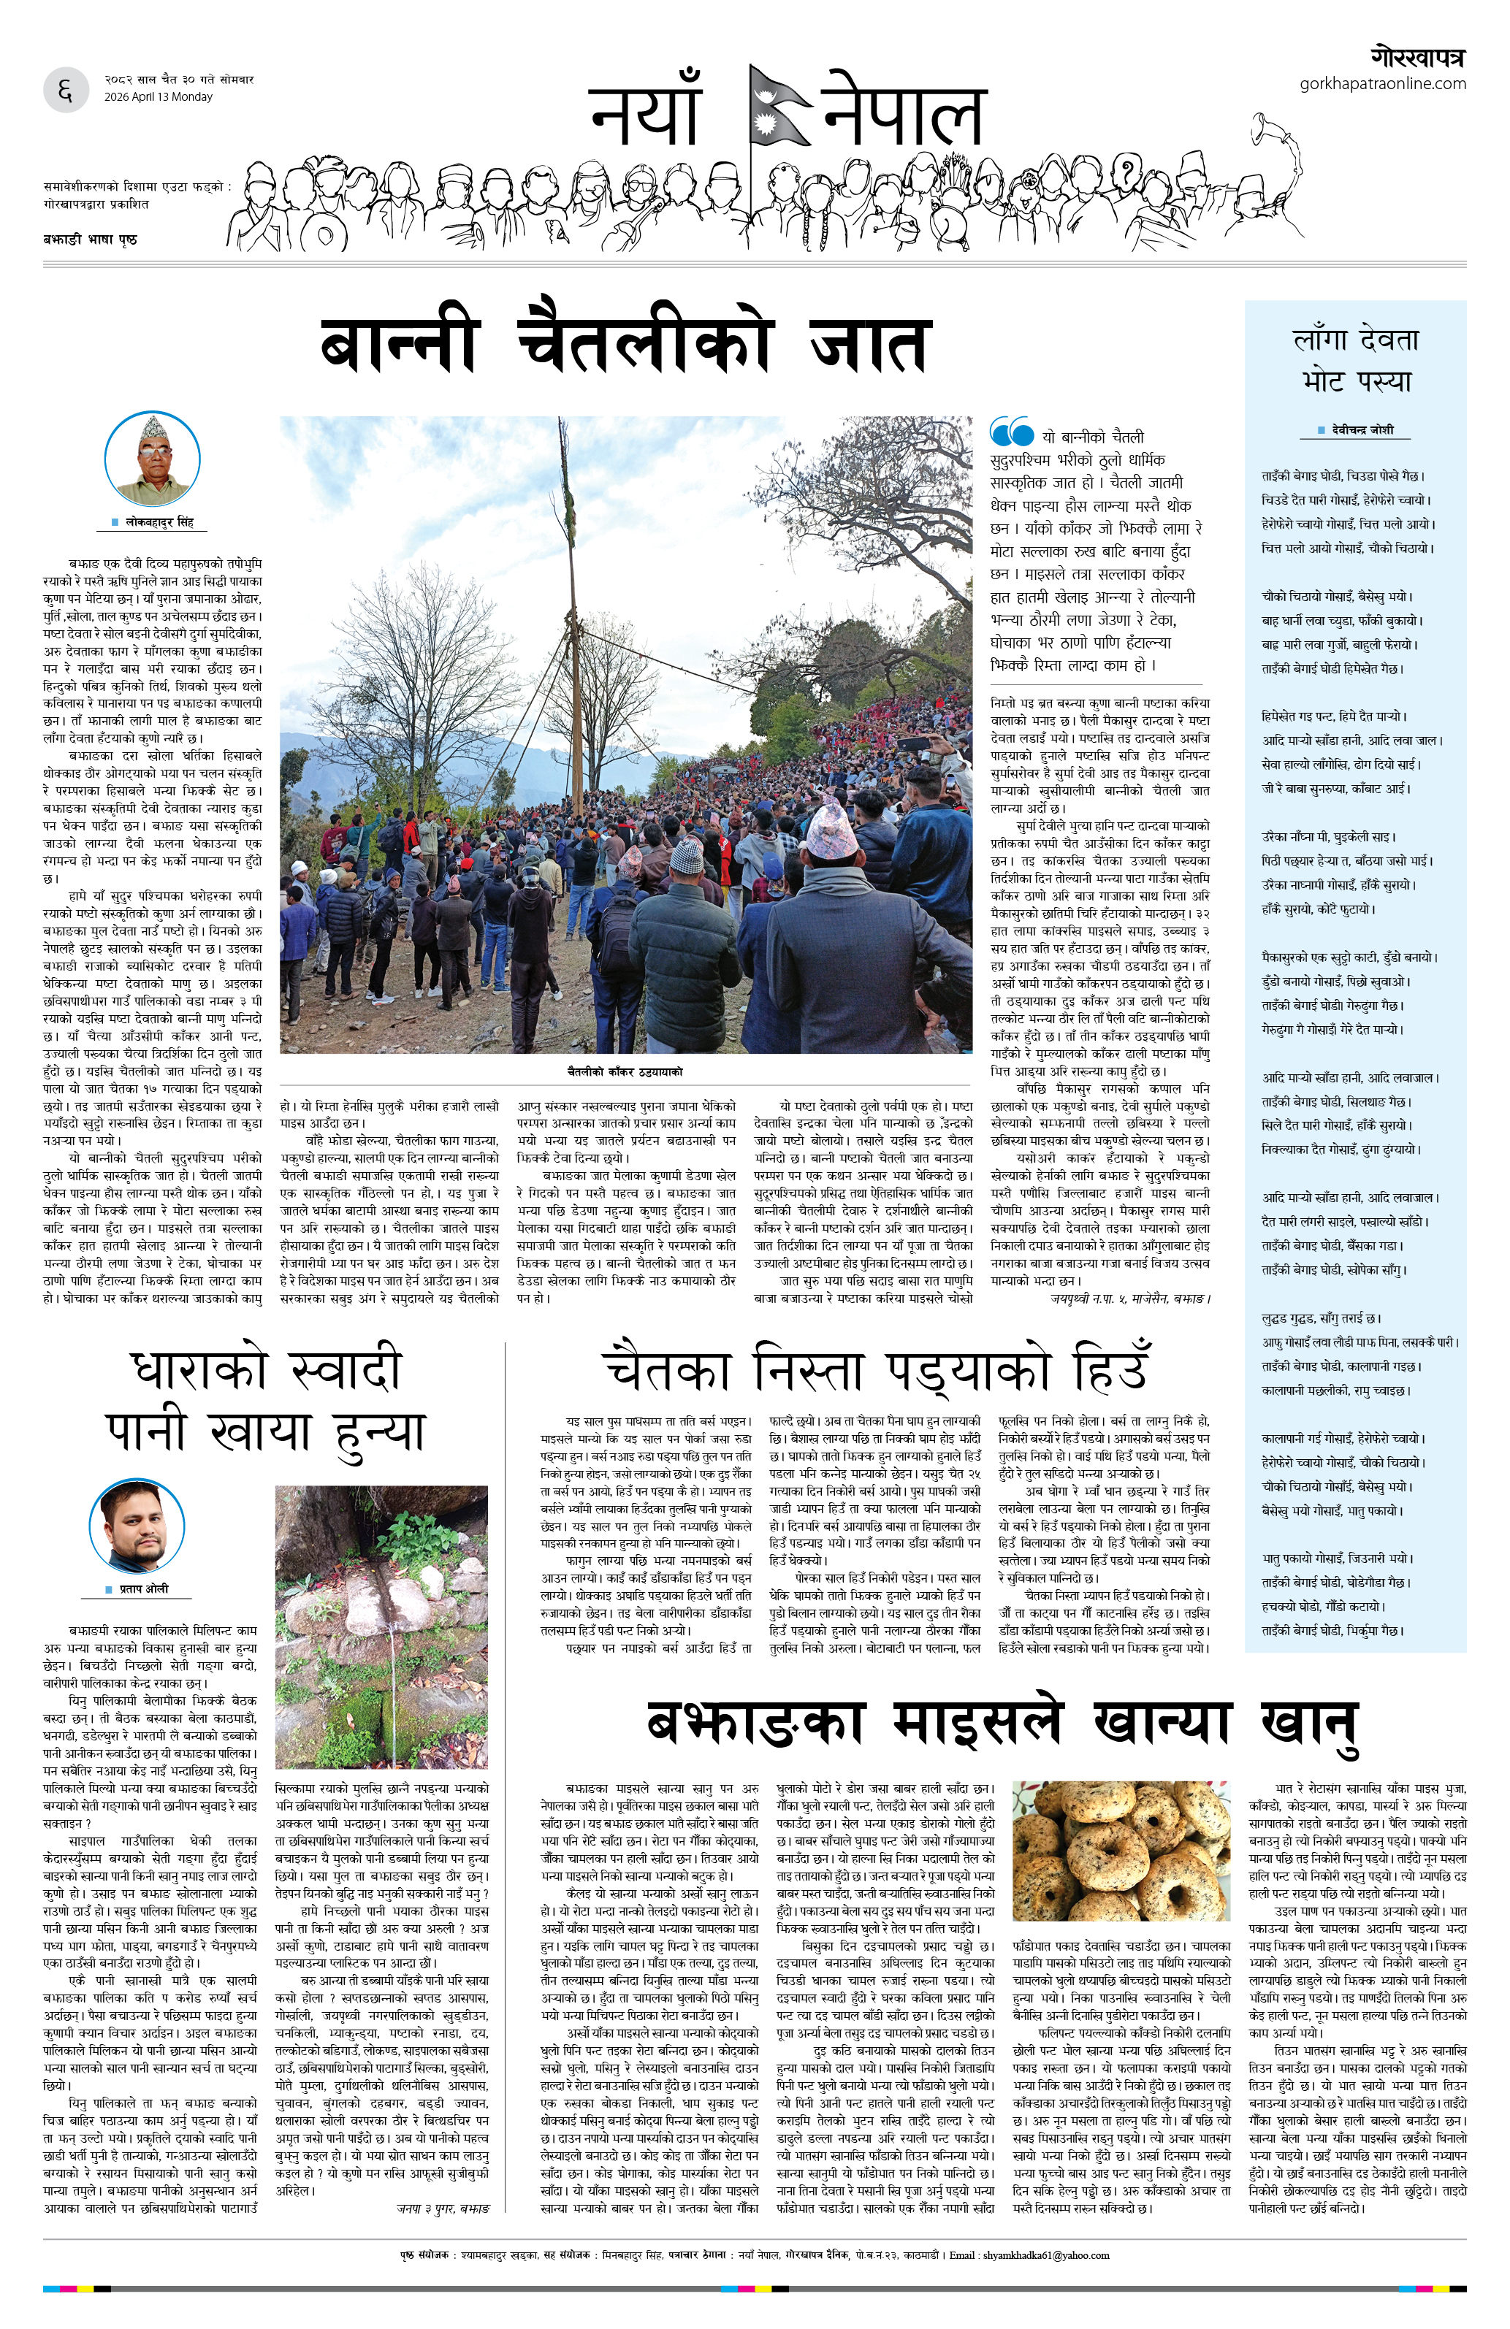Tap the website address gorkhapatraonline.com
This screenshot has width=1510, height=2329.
pos(1382,83)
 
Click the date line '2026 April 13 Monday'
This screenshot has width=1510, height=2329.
pos(159,97)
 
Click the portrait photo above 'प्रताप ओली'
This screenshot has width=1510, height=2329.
pos(137,1526)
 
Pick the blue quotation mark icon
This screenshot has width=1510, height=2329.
pos(1011,432)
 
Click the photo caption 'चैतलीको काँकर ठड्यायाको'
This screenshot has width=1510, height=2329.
pos(625,1071)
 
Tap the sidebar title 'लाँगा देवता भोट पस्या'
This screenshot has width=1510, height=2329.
pos(1355,360)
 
